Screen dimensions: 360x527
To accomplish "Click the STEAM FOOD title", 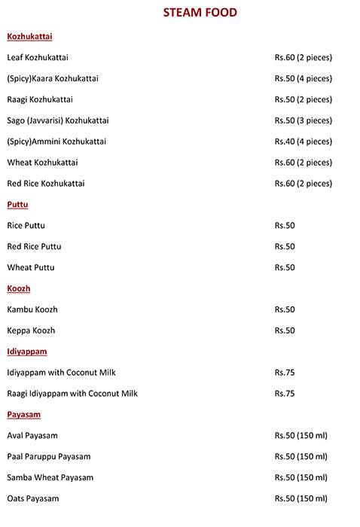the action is (200, 12).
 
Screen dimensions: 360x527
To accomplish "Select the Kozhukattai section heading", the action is (29, 36).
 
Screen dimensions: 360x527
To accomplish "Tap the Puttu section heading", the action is (17, 204).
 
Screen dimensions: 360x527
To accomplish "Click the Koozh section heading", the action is (18, 288).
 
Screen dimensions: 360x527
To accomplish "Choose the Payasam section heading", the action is (23, 414).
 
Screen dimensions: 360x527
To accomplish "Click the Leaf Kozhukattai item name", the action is (38, 57).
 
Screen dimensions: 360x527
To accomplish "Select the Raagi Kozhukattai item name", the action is (40, 99).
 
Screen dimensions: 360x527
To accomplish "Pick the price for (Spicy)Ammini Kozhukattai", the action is (303, 142).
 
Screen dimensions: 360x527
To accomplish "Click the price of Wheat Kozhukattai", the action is (303, 163).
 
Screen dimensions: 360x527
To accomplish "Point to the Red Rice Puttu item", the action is (34, 246).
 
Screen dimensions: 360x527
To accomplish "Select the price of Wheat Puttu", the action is (285, 267).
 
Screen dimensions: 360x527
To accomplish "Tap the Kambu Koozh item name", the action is (32, 309).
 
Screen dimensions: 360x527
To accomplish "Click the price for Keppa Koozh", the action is (285, 331).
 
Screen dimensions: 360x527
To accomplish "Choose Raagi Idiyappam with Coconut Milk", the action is (72, 393).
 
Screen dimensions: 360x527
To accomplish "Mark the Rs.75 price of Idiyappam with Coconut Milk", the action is (285, 372).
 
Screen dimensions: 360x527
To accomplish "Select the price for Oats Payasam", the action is (301, 498).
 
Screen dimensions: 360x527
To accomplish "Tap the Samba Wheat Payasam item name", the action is (49, 477).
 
